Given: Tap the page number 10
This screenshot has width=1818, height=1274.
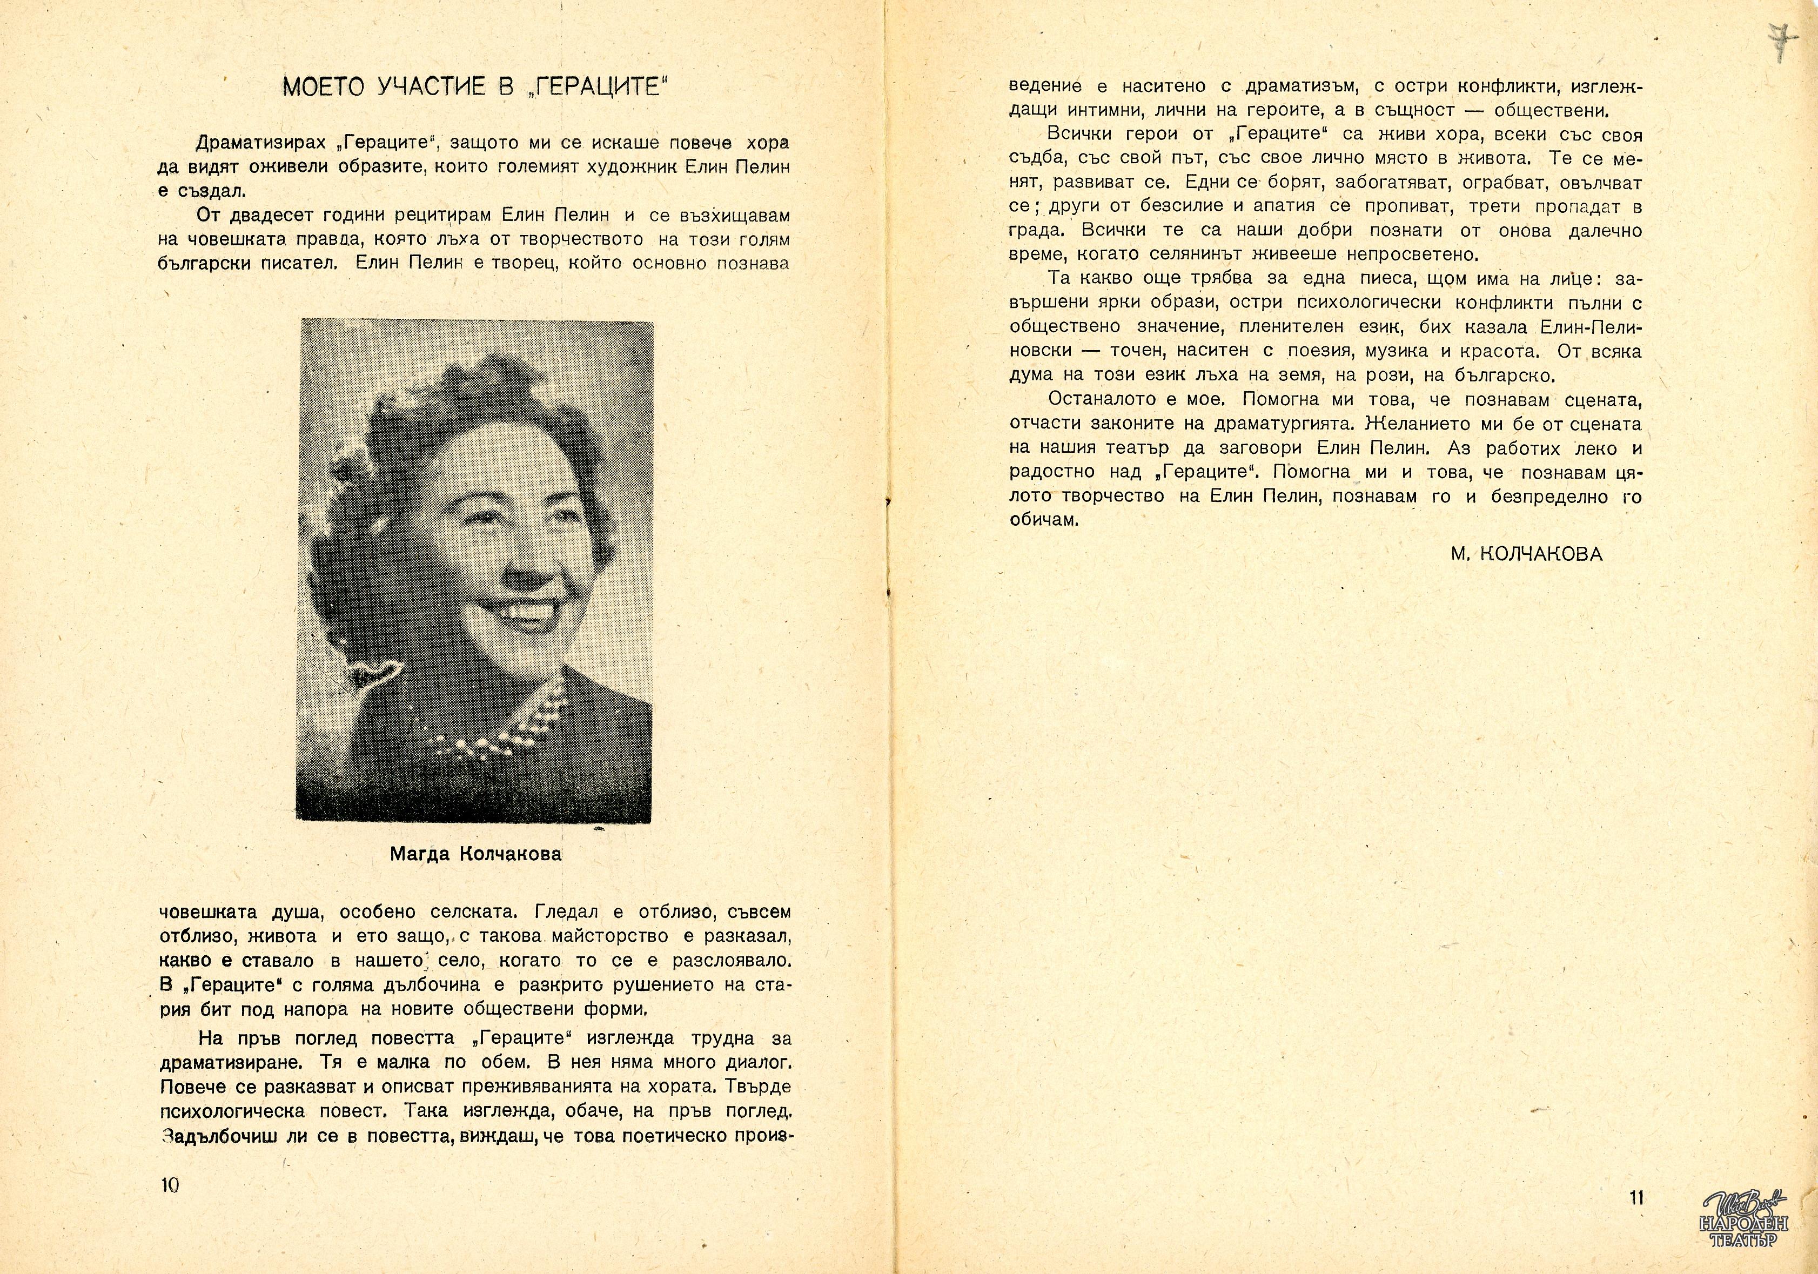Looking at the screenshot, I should coord(170,1185).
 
